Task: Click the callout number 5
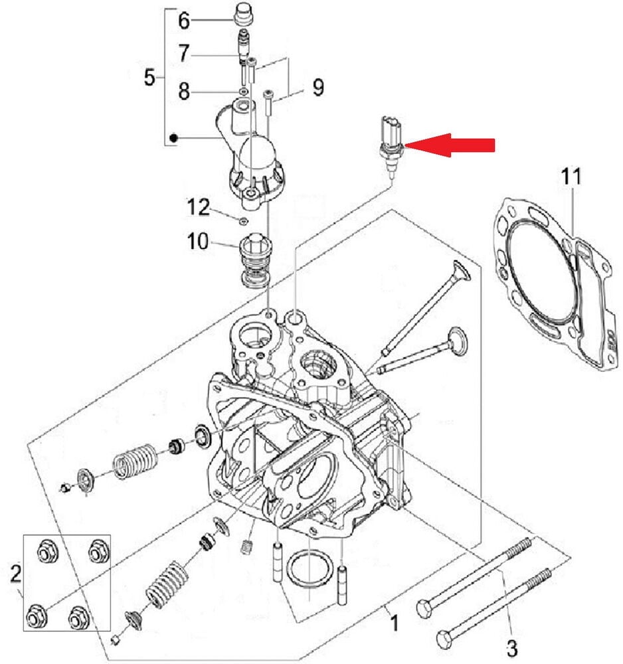pyautogui.click(x=149, y=78)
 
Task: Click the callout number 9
pyautogui.click(x=185, y=52)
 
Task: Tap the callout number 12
pyautogui.click(x=317, y=87)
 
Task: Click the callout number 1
pyautogui.click(x=393, y=623)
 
